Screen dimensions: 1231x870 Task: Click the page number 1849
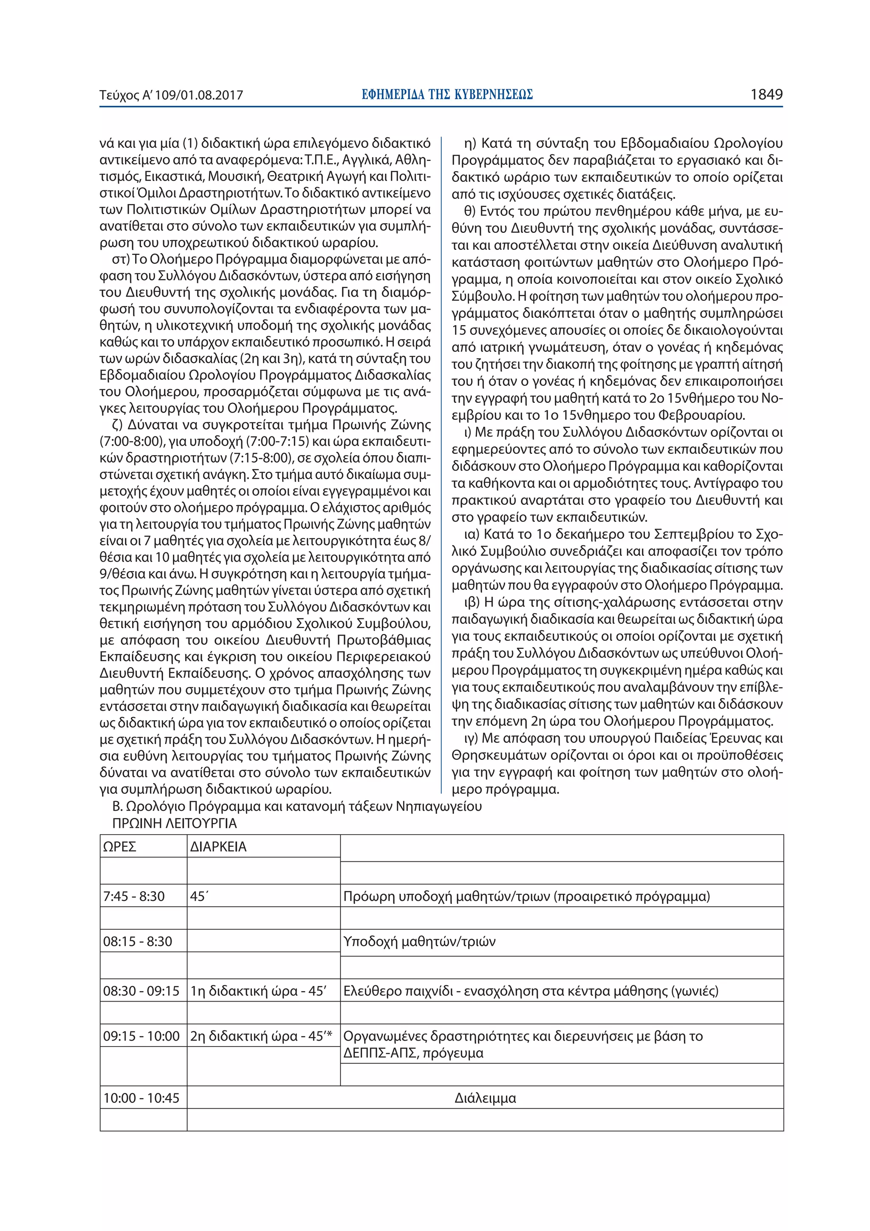click(766, 95)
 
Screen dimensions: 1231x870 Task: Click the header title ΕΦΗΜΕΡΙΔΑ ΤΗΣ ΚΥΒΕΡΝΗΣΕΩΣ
click(447, 95)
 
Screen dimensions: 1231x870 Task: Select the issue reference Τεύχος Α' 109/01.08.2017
click(171, 96)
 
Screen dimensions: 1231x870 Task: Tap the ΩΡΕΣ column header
click(119, 846)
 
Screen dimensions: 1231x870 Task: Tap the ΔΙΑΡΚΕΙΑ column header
click(218, 846)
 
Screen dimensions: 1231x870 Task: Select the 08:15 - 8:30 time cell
click(138, 942)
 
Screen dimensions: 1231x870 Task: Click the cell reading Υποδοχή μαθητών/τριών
click(419, 942)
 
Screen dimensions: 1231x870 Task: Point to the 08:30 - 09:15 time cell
click(141, 991)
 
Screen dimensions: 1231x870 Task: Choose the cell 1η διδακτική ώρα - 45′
click(258, 991)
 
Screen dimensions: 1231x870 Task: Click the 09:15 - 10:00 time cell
click(141, 1036)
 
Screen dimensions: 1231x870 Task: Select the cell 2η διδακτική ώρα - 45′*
click(262, 1036)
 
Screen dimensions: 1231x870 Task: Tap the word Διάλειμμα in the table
click(485, 1098)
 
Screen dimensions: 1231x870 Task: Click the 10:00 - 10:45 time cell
click(141, 1098)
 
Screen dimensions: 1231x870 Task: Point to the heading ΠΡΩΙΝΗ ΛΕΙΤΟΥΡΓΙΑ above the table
click(174, 823)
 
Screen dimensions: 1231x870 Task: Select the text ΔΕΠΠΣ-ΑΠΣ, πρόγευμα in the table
click(413, 1053)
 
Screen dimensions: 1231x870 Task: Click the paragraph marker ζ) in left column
click(117, 425)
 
